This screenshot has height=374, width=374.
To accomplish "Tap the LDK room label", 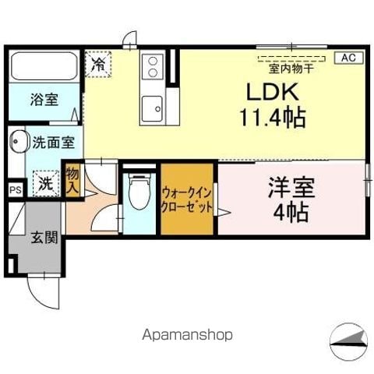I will (x=272, y=92).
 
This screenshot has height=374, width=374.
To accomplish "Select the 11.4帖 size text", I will (x=272, y=118).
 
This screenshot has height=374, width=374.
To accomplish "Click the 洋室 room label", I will (x=289, y=187).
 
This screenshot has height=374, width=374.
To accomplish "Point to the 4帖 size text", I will (x=289, y=210).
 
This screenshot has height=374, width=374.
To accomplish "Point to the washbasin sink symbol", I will (x=17, y=143).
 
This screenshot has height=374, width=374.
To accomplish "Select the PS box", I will (x=15, y=189).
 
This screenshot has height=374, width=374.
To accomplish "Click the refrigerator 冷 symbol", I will (x=99, y=62).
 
